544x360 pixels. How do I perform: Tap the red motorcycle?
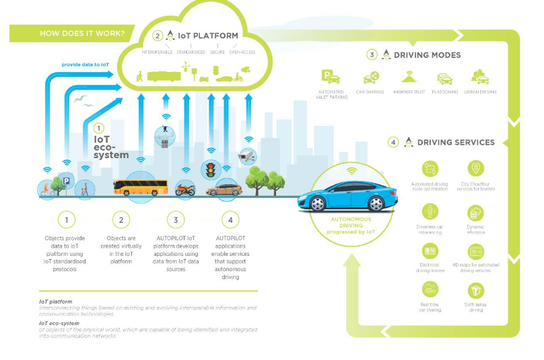tap(184, 189)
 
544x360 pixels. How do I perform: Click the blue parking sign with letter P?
tap(66, 181)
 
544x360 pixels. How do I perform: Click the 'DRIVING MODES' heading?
tap(427, 55)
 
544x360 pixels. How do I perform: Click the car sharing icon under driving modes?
tap(370, 78)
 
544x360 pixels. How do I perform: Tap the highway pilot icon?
tap(410, 77)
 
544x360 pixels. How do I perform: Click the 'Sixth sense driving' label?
tap(476, 307)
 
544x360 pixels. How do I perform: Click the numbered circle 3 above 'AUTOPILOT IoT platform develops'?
tap(175, 220)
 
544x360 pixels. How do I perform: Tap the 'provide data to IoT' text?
tap(85, 65)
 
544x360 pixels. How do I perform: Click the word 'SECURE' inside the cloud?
tap(217, 52)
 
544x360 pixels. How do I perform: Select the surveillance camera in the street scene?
tap(247, 158)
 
